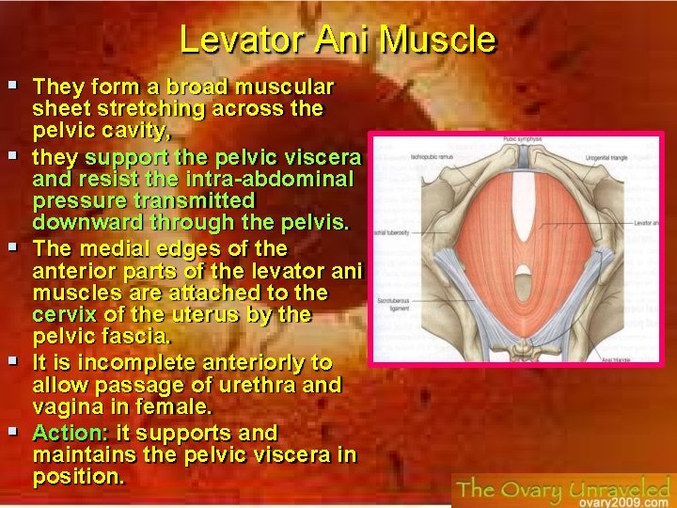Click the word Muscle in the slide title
(438, 40)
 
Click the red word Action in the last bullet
(70, 433)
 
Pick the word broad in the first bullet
(203, 87)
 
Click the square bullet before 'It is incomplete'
(14, 361)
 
